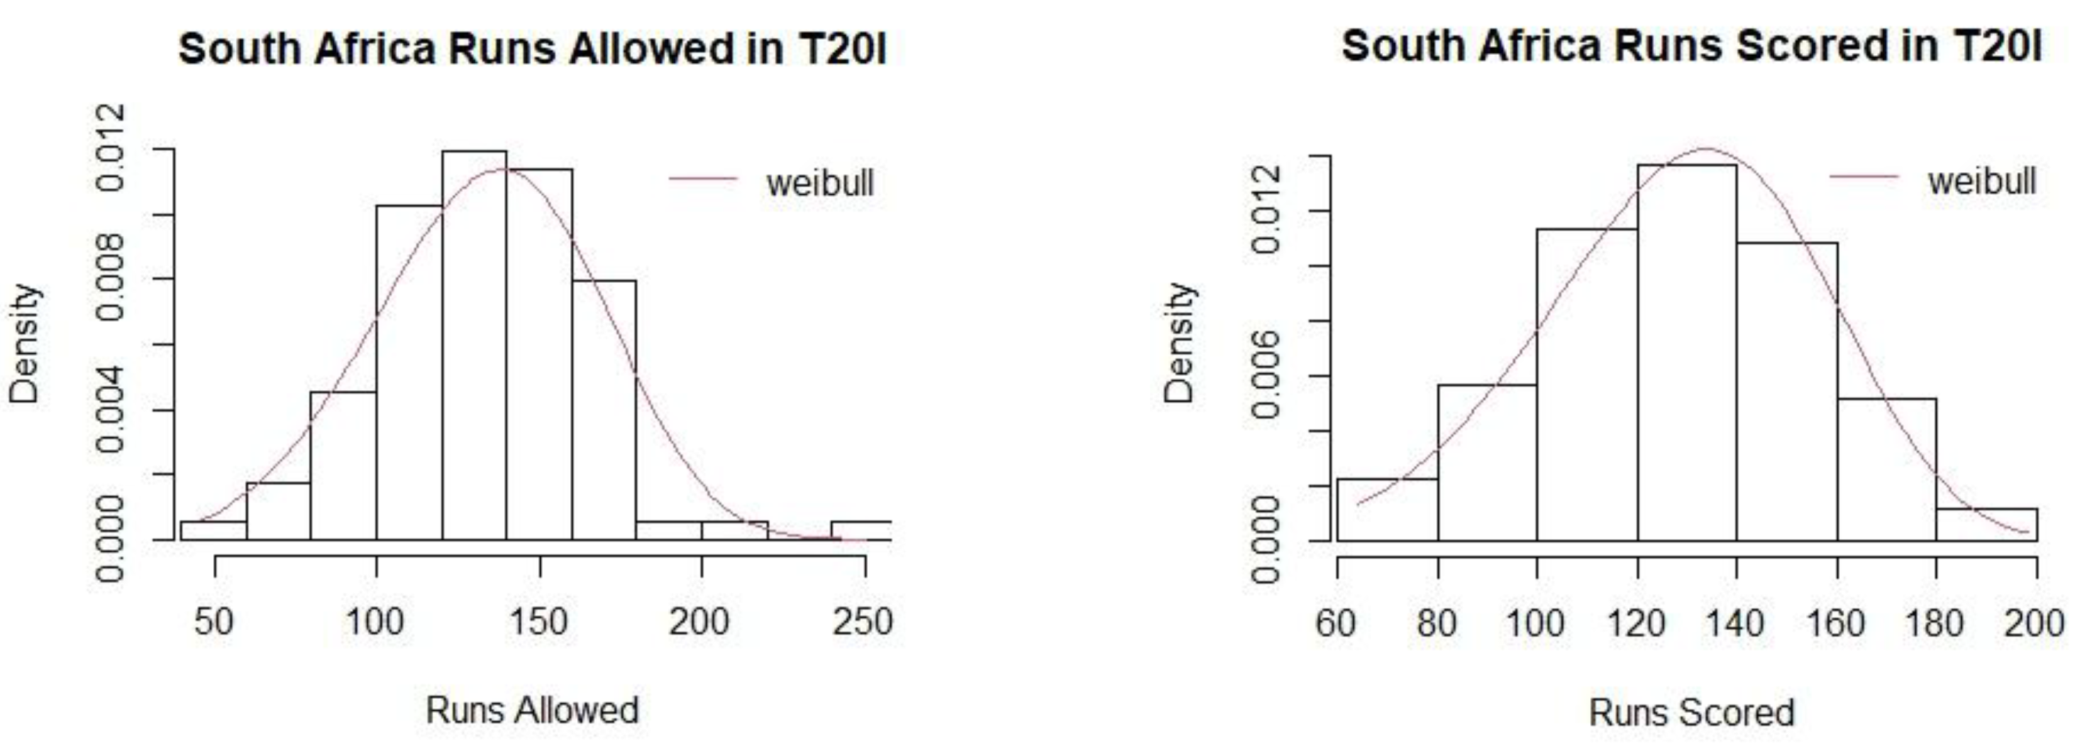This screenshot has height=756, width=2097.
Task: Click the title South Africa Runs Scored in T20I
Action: pos(1691,46)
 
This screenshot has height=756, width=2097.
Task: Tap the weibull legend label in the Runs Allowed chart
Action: pos(819,182)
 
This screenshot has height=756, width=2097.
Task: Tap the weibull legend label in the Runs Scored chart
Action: pos(1981,180)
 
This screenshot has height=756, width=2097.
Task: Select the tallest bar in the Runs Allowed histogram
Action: pos(473,346)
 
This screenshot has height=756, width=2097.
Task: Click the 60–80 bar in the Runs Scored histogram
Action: pos(1387,510)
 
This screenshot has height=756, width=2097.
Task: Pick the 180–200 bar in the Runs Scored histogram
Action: pos(1986,525)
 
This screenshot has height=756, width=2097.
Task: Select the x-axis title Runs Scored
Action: pos(1691,713)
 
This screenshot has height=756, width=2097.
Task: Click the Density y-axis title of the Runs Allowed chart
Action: pos(25,343)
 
